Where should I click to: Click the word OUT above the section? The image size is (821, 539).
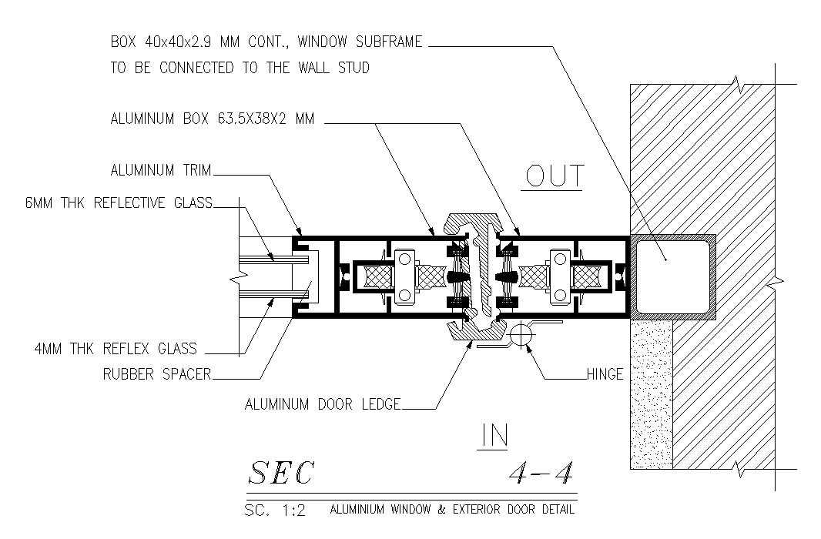point(555,176)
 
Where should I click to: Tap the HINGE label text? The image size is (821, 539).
point(605,374)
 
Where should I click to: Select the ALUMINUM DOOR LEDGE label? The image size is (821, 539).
point(323,404)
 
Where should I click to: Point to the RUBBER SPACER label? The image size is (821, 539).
point(157,374)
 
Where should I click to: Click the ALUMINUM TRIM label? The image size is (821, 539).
point(161,170)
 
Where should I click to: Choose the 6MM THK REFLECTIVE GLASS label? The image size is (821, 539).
point(119,203)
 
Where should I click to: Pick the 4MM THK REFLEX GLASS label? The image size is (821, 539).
point(116,349)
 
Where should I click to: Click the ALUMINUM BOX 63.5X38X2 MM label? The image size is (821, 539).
point(213,119)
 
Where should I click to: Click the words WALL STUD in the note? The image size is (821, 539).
point(334,68)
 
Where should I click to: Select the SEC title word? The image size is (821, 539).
point(281,473)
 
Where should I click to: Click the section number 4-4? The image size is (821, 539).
point(541,473)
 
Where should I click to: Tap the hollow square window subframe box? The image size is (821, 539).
point(673,276)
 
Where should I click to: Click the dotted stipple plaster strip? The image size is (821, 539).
point(652,393)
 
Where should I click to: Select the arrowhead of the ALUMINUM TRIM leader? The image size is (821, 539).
point(299,231)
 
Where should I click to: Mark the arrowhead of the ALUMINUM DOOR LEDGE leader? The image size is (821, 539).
point(471,344)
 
